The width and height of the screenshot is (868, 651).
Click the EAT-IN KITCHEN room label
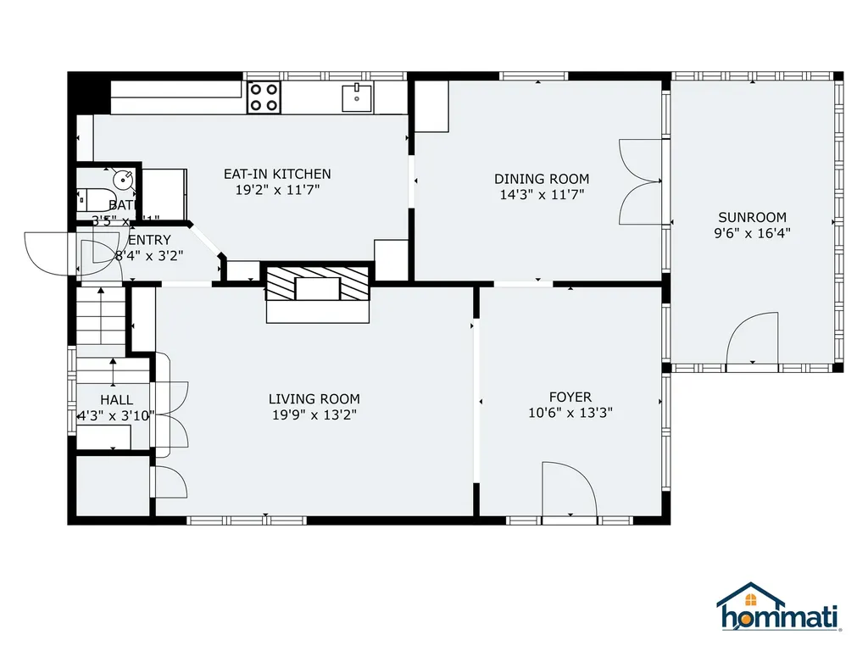pos(277,174)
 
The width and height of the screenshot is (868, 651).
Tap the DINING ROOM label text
pos(542,179)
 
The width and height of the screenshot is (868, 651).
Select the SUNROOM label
pos(752,217)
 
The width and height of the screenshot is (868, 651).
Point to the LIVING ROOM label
pos(314,399)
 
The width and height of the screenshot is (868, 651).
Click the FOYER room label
pos(570,397)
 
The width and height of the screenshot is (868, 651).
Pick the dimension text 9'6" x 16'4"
pos(753,232)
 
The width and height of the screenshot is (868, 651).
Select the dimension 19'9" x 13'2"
pos(314,415)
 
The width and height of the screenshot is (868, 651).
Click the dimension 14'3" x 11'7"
pos(542,194)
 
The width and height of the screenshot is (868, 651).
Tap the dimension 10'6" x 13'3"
pos(570,413)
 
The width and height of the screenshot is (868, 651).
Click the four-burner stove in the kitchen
pos(264,97)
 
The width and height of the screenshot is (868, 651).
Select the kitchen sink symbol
pos(358,98)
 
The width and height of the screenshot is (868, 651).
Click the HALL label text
pos(116,399)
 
